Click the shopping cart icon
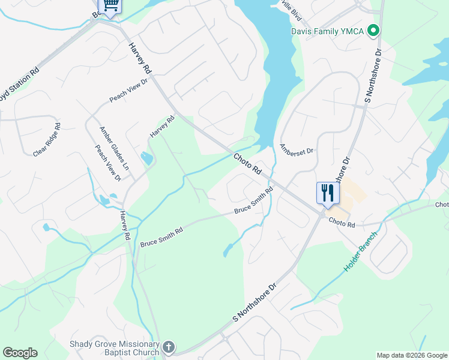click(x=110, y=5)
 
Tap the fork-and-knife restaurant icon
click(x=328, y=193)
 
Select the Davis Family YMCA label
click(x=328, y=31)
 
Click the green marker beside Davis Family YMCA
click(x=373, y=30)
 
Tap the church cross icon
click(x=169, y=347)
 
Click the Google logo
click(x=20, y=353)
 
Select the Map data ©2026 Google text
click(x=412, y=355)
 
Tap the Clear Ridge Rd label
click(x=47, y=140)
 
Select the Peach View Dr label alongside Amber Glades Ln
click(x=108, y=163)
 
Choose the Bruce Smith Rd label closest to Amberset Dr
click(x=253, y=201)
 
